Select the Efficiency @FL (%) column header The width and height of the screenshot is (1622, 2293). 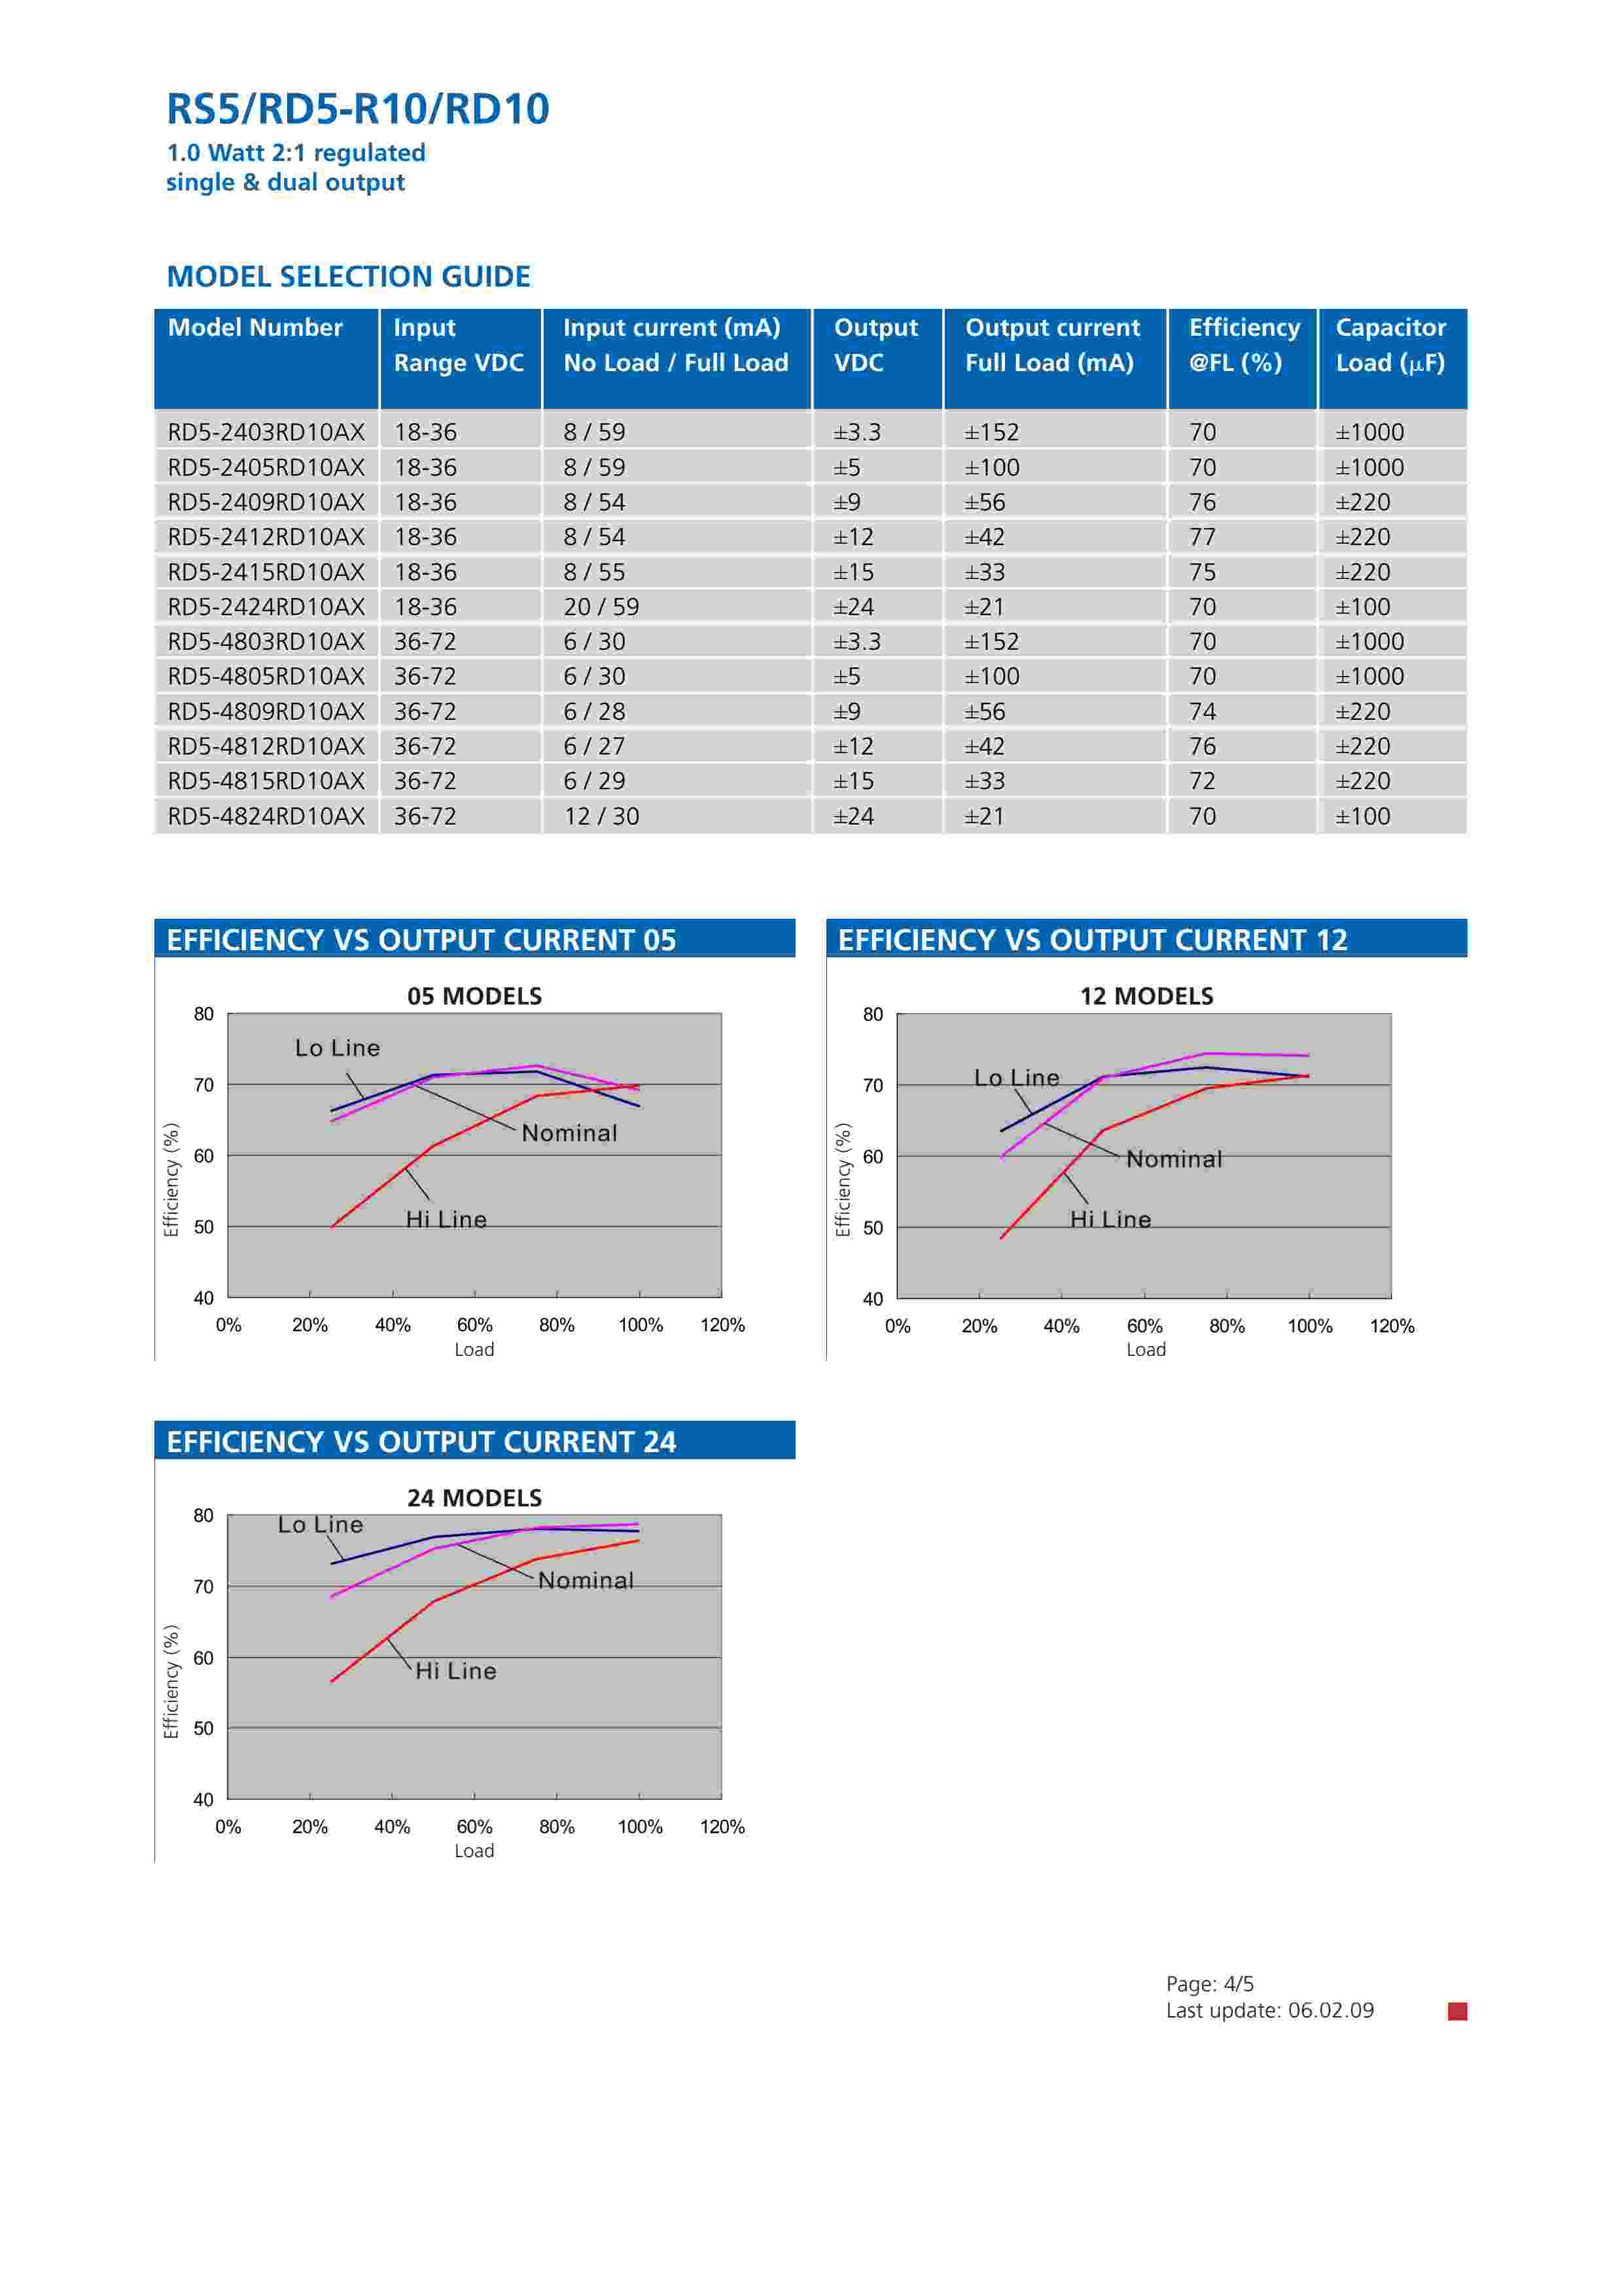[1243, 345]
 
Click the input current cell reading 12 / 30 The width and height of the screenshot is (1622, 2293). [600, 816]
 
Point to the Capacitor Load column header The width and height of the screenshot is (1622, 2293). [1390, 345]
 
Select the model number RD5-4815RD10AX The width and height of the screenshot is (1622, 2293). [266, 781]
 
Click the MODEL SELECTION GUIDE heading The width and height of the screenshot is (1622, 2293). [349, 277]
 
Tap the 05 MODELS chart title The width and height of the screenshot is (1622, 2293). [474, 996]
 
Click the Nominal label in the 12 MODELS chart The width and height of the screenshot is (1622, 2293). [1174, 1160]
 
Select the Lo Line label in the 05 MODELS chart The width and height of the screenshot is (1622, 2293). [338, 1048]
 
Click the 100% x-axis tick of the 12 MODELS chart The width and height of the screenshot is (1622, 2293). [1309, 1326]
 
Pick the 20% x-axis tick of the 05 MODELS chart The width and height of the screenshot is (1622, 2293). [309, 1325]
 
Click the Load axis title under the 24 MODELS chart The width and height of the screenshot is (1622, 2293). [474, 1851]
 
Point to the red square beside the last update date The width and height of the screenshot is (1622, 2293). [1457, 2012]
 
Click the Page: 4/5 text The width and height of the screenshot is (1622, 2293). [1210, 1984]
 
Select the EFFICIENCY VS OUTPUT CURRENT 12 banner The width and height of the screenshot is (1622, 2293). [1146, 940]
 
